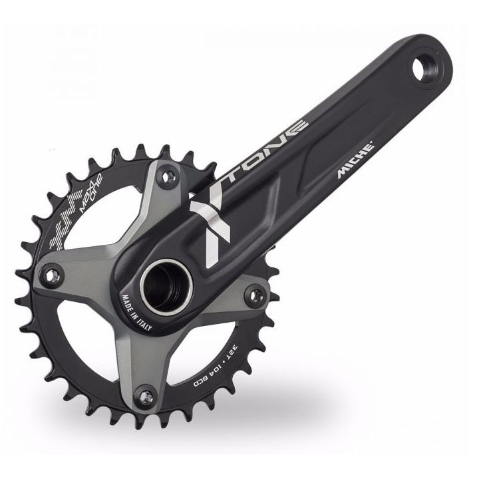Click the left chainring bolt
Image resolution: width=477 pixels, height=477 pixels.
[x=51, y=275]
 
